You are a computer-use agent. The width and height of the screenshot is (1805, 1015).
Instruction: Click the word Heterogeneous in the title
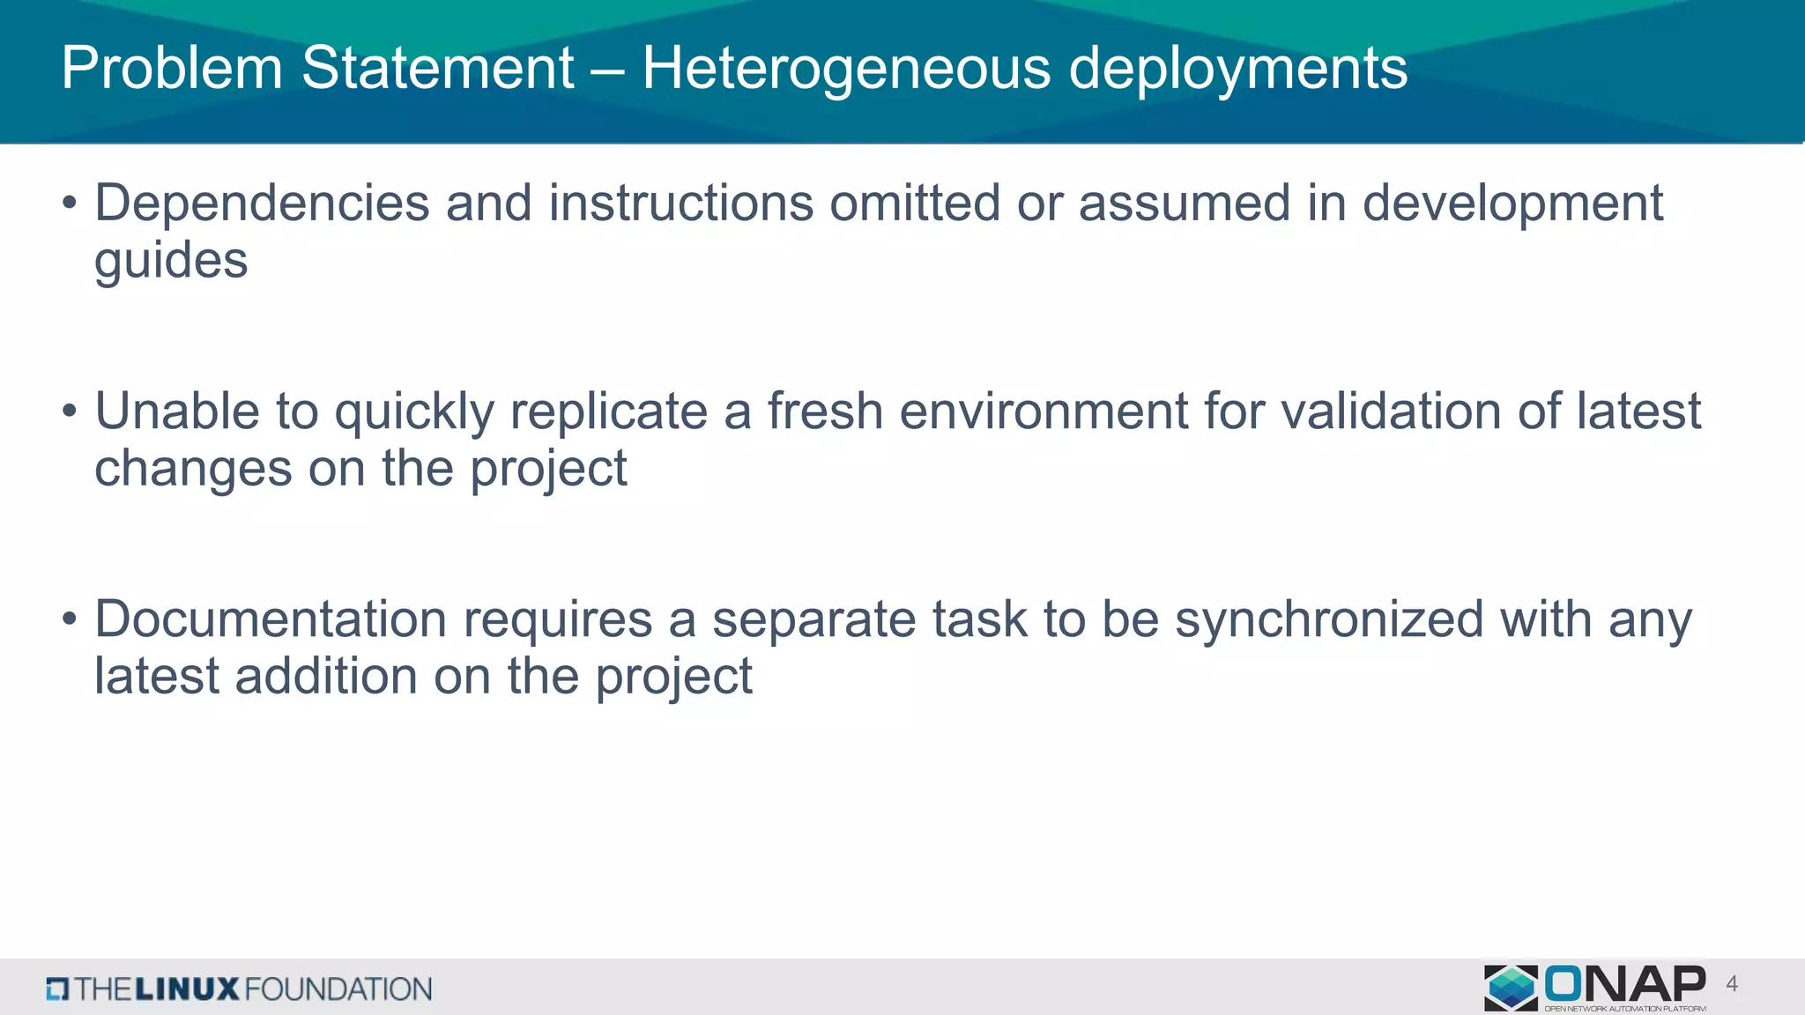846,69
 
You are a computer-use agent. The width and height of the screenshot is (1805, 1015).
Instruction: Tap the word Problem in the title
172,69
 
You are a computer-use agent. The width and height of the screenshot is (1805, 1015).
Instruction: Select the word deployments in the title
1237,69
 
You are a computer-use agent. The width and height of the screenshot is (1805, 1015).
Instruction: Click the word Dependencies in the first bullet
262,204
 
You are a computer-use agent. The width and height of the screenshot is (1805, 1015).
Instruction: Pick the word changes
193,469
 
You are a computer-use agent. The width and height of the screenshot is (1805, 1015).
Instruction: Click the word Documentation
271,619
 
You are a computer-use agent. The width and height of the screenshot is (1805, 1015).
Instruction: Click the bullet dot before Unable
70,411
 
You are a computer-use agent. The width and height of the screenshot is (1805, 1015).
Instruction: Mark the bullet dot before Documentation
70,619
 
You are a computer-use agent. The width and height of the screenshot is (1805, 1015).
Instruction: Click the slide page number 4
1732,984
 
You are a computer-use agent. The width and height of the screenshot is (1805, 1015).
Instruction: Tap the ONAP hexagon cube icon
1511,987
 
